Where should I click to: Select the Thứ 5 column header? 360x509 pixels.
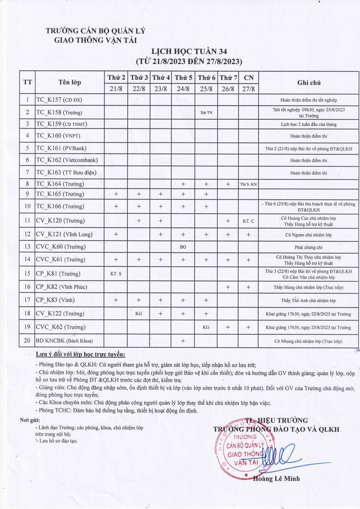183,78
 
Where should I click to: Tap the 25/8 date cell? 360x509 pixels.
206,89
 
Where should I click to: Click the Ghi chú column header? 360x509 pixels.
309,83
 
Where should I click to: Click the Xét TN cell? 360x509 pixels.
206,113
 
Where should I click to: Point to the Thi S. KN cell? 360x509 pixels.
248,185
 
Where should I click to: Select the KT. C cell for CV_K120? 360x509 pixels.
248,221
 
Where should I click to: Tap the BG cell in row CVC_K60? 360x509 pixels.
183,246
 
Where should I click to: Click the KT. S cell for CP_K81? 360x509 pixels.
116,274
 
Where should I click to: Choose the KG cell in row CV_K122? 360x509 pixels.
138,314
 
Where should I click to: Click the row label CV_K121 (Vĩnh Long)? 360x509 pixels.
64,234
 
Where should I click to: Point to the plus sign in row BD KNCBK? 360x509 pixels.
183,341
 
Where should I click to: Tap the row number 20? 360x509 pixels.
27,341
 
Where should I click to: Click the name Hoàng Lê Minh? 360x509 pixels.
276,478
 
